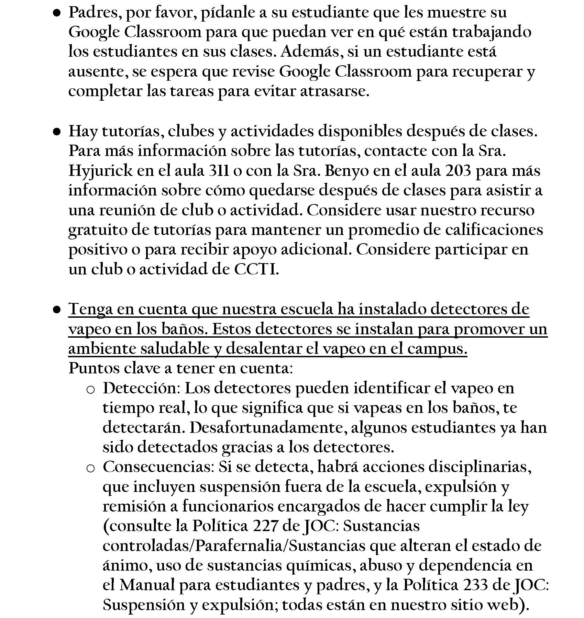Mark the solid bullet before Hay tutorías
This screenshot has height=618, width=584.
57,132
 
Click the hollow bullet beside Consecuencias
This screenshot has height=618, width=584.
90,468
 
